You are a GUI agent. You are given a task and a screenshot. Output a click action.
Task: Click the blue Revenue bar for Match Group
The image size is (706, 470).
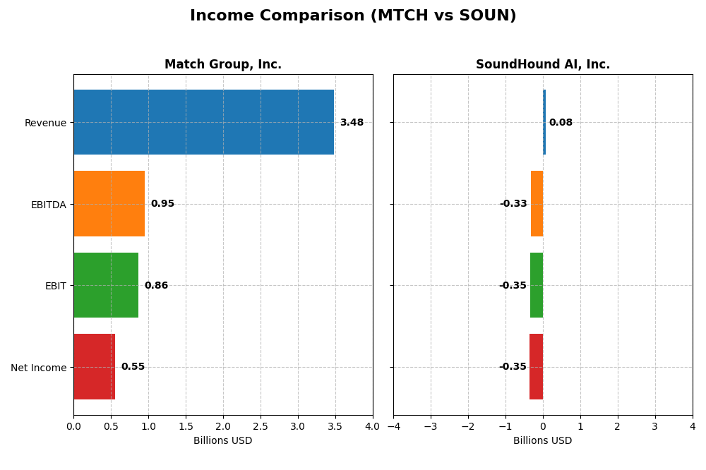tap(203, 122)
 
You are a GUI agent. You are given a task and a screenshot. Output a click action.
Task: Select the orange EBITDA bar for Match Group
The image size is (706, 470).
tap(109, 203)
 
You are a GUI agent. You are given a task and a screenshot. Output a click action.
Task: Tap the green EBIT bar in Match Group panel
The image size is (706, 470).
tap(106, 285)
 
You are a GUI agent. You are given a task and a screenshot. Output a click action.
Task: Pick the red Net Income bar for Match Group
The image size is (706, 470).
tap(94, 366)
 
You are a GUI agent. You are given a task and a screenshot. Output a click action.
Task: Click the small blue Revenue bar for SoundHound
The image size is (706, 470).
tap(544, 122)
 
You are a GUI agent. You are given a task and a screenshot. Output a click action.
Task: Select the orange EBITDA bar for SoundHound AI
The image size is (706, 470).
tap(537, 203)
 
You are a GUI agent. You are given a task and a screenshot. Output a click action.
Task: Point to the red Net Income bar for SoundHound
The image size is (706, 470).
tap(536, 366)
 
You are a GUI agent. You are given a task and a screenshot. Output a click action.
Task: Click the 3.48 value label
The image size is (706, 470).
tap(352, 123)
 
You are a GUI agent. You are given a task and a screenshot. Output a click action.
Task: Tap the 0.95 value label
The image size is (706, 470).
tap(162, 204)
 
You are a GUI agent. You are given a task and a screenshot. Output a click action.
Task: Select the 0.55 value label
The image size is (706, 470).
tap(133, 367)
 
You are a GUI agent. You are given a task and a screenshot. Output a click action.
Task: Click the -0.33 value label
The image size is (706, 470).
tap(513, 204)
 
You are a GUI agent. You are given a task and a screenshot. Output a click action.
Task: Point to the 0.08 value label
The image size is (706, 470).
tap(561, 123)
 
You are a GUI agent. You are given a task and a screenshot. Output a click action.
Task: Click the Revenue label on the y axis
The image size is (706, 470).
tap(45, 123)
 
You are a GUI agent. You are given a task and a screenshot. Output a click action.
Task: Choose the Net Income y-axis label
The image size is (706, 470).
tap(38, 368)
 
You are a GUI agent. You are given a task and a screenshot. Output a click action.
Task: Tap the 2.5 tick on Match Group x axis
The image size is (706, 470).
tap(261, 426)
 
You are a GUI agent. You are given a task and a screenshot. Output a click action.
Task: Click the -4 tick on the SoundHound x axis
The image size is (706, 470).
tap(393, 426)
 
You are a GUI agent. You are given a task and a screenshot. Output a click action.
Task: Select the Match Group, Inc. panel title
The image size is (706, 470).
tap(223, 65)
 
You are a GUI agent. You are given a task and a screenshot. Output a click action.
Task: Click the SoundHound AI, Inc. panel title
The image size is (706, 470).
tap(543, 65)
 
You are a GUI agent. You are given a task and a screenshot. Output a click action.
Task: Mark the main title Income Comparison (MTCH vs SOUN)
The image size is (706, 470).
tap(353, 16)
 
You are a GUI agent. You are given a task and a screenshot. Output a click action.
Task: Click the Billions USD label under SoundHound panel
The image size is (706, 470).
tap(543, 441)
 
